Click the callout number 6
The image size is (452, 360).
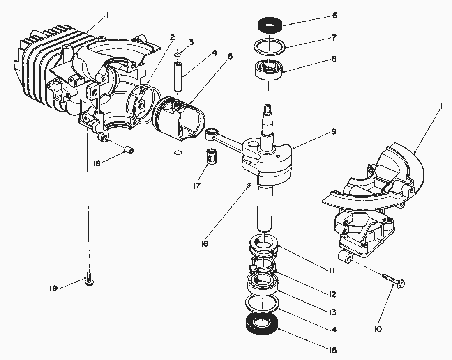[334, 15]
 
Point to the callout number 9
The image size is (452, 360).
[334, 132]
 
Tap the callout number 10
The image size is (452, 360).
[378, 328]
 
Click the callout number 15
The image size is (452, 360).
[332, 351]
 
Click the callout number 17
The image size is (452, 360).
[196, 186]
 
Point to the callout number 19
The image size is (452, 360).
[53, 289]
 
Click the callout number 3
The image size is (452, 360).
[191, 42]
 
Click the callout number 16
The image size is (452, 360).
[205, 244]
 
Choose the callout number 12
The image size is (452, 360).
[332, 294]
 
